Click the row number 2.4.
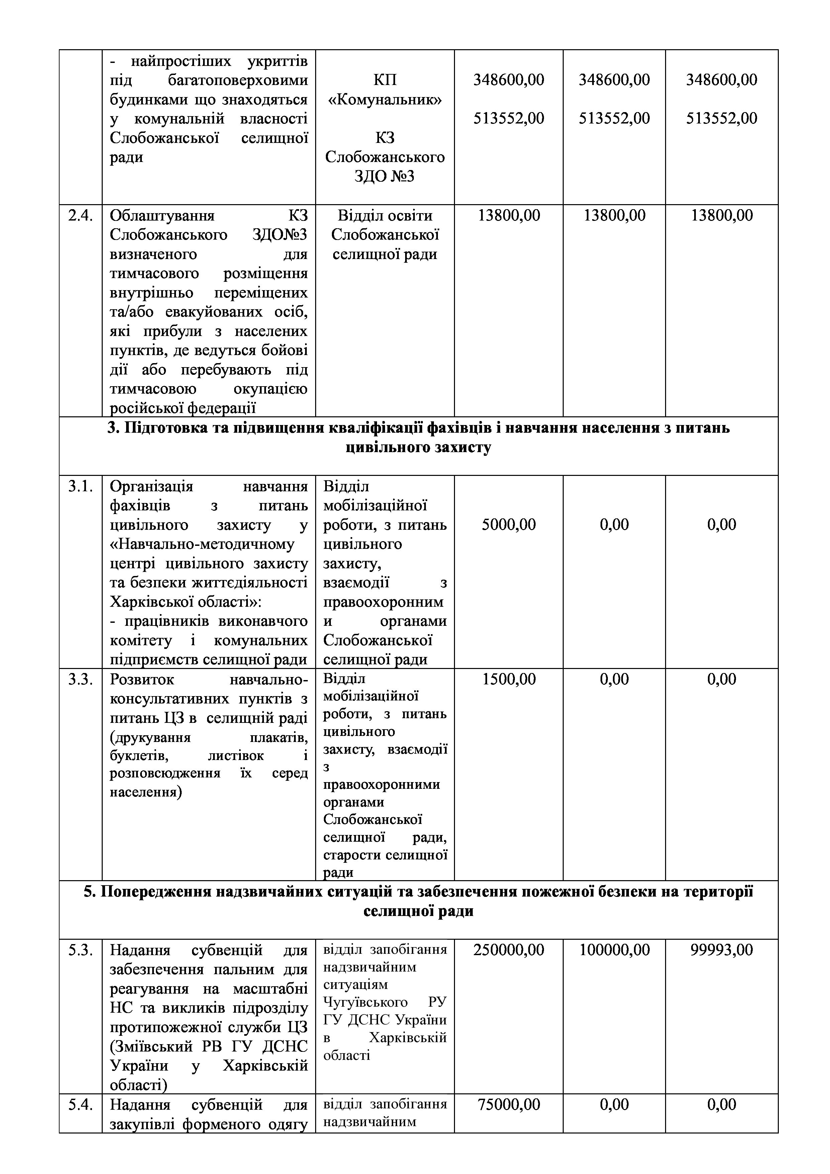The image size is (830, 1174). point(81,215)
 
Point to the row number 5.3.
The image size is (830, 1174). point(81,950)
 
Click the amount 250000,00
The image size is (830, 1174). point(509,950)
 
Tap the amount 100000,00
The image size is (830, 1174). point(614,950)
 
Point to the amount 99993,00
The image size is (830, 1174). point(722,950)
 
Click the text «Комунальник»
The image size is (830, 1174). point(385,99)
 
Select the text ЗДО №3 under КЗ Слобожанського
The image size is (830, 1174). point(385,176)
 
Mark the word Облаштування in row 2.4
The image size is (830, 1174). point(162,215)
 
